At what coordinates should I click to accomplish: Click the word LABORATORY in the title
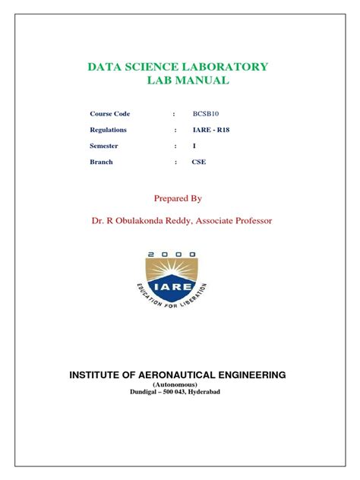(229, 67)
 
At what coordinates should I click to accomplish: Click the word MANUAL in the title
(201, 81)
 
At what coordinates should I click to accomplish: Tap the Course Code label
(111, 114)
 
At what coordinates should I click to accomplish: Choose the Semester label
(107, 146)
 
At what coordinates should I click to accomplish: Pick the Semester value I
(194, 146)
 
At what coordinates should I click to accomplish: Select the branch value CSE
(199, 162)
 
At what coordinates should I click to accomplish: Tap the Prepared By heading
(178, 198)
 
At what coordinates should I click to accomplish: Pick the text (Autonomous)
(178, 384)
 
